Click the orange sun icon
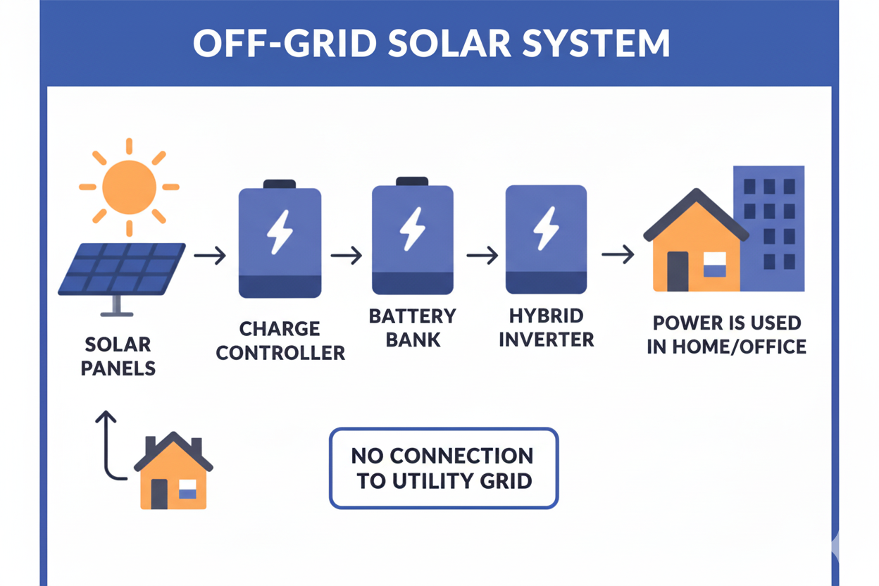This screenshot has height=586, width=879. pyautogui.click(x=129, y=187)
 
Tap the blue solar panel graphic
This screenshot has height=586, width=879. pyautogui.click(x=121, y=268)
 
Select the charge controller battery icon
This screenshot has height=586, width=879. pyautogui.click(x=280, y=240)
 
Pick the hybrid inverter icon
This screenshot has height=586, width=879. pyautogui.click(x=546, y=239)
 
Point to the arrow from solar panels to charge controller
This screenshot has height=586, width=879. pyautogui.click(x=210, y=256)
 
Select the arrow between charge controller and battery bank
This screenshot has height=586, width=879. pyautogui.click(x=346, y=256)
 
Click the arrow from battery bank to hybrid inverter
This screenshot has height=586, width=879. pyautogui.click(x=482, y=256)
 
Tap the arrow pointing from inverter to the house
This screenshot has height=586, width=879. pyautogui.click(x=618, y=256)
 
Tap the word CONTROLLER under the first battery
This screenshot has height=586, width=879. pyautogui.click(x=280, y=352)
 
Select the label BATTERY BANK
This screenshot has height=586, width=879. pyautogui.click(x=412, y=328)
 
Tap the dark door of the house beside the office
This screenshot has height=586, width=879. pyautogui.click(x=678, y=270)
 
